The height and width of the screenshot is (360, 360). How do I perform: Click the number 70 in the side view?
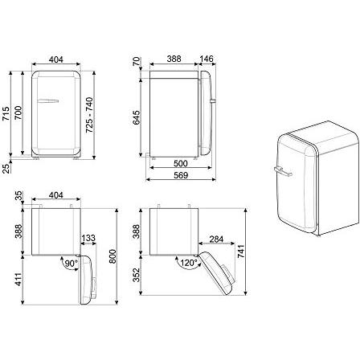point(137,60)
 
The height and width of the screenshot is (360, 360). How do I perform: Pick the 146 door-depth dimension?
point(208,59)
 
